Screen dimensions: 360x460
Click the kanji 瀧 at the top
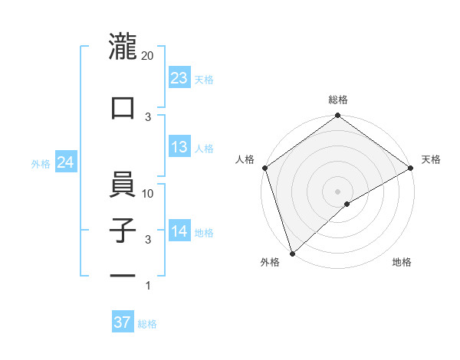pos(123,47)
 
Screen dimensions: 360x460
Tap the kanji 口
pos(123,108)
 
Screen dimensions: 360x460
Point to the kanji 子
pos(123,231)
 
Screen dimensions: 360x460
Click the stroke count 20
pos(148,56)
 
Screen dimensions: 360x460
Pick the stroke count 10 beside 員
pos(149,194)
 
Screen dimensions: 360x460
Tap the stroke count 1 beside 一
pos(148,286)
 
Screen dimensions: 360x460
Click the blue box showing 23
pos(179,77)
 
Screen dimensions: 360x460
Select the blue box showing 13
pos(179,147)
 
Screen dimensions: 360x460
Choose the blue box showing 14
pos(179,231)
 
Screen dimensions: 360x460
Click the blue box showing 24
pos(66,162)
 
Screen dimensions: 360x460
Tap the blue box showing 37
pos(123,322)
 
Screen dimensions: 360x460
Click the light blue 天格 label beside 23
pos(204,79)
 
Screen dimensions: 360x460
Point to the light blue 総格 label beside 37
pos(147,324)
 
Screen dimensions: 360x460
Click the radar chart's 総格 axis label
pos(337,100)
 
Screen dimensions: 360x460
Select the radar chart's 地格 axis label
pos(402,263)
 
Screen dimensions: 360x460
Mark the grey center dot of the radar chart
pos(337,191)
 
